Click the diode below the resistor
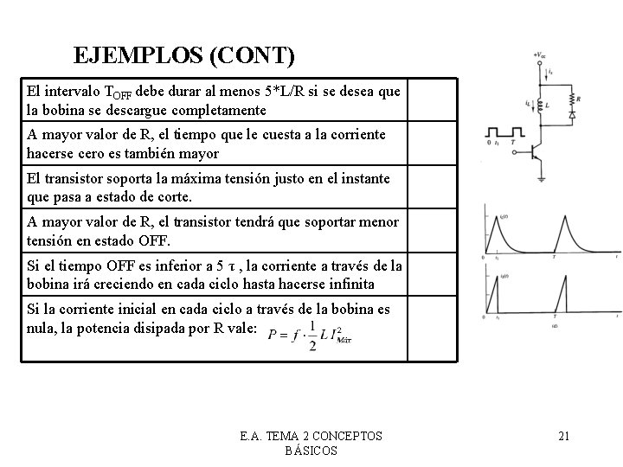(571, 113)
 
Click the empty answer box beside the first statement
(431, 100)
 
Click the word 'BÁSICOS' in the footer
(311, 451)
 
